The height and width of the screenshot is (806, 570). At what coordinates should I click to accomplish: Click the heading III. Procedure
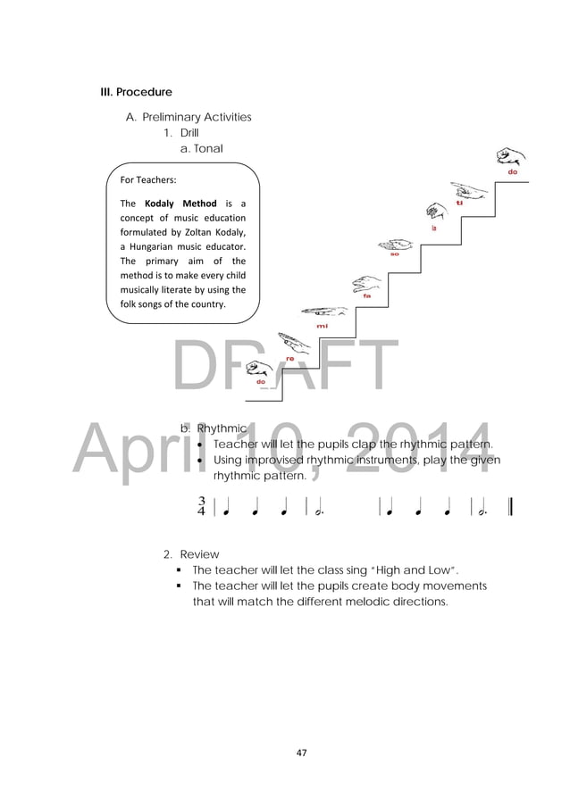click(136, 92)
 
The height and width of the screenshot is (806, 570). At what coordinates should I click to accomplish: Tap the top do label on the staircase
click(513, 171)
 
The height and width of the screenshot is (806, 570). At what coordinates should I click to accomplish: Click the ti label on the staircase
click(459, 204)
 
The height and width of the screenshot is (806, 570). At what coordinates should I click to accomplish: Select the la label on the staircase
click(433, 228)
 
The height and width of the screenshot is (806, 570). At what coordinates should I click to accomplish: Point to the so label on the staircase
click(394, 254)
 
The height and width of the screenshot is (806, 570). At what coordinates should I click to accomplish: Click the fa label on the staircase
click(366, 295)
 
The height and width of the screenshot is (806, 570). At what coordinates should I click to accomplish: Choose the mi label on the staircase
click(323, 327)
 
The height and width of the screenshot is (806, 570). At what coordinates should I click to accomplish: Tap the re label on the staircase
click(289, 358)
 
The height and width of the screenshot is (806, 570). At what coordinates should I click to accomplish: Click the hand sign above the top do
click(510, 156)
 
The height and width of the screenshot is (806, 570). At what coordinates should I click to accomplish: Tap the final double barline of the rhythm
click(509, 507)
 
